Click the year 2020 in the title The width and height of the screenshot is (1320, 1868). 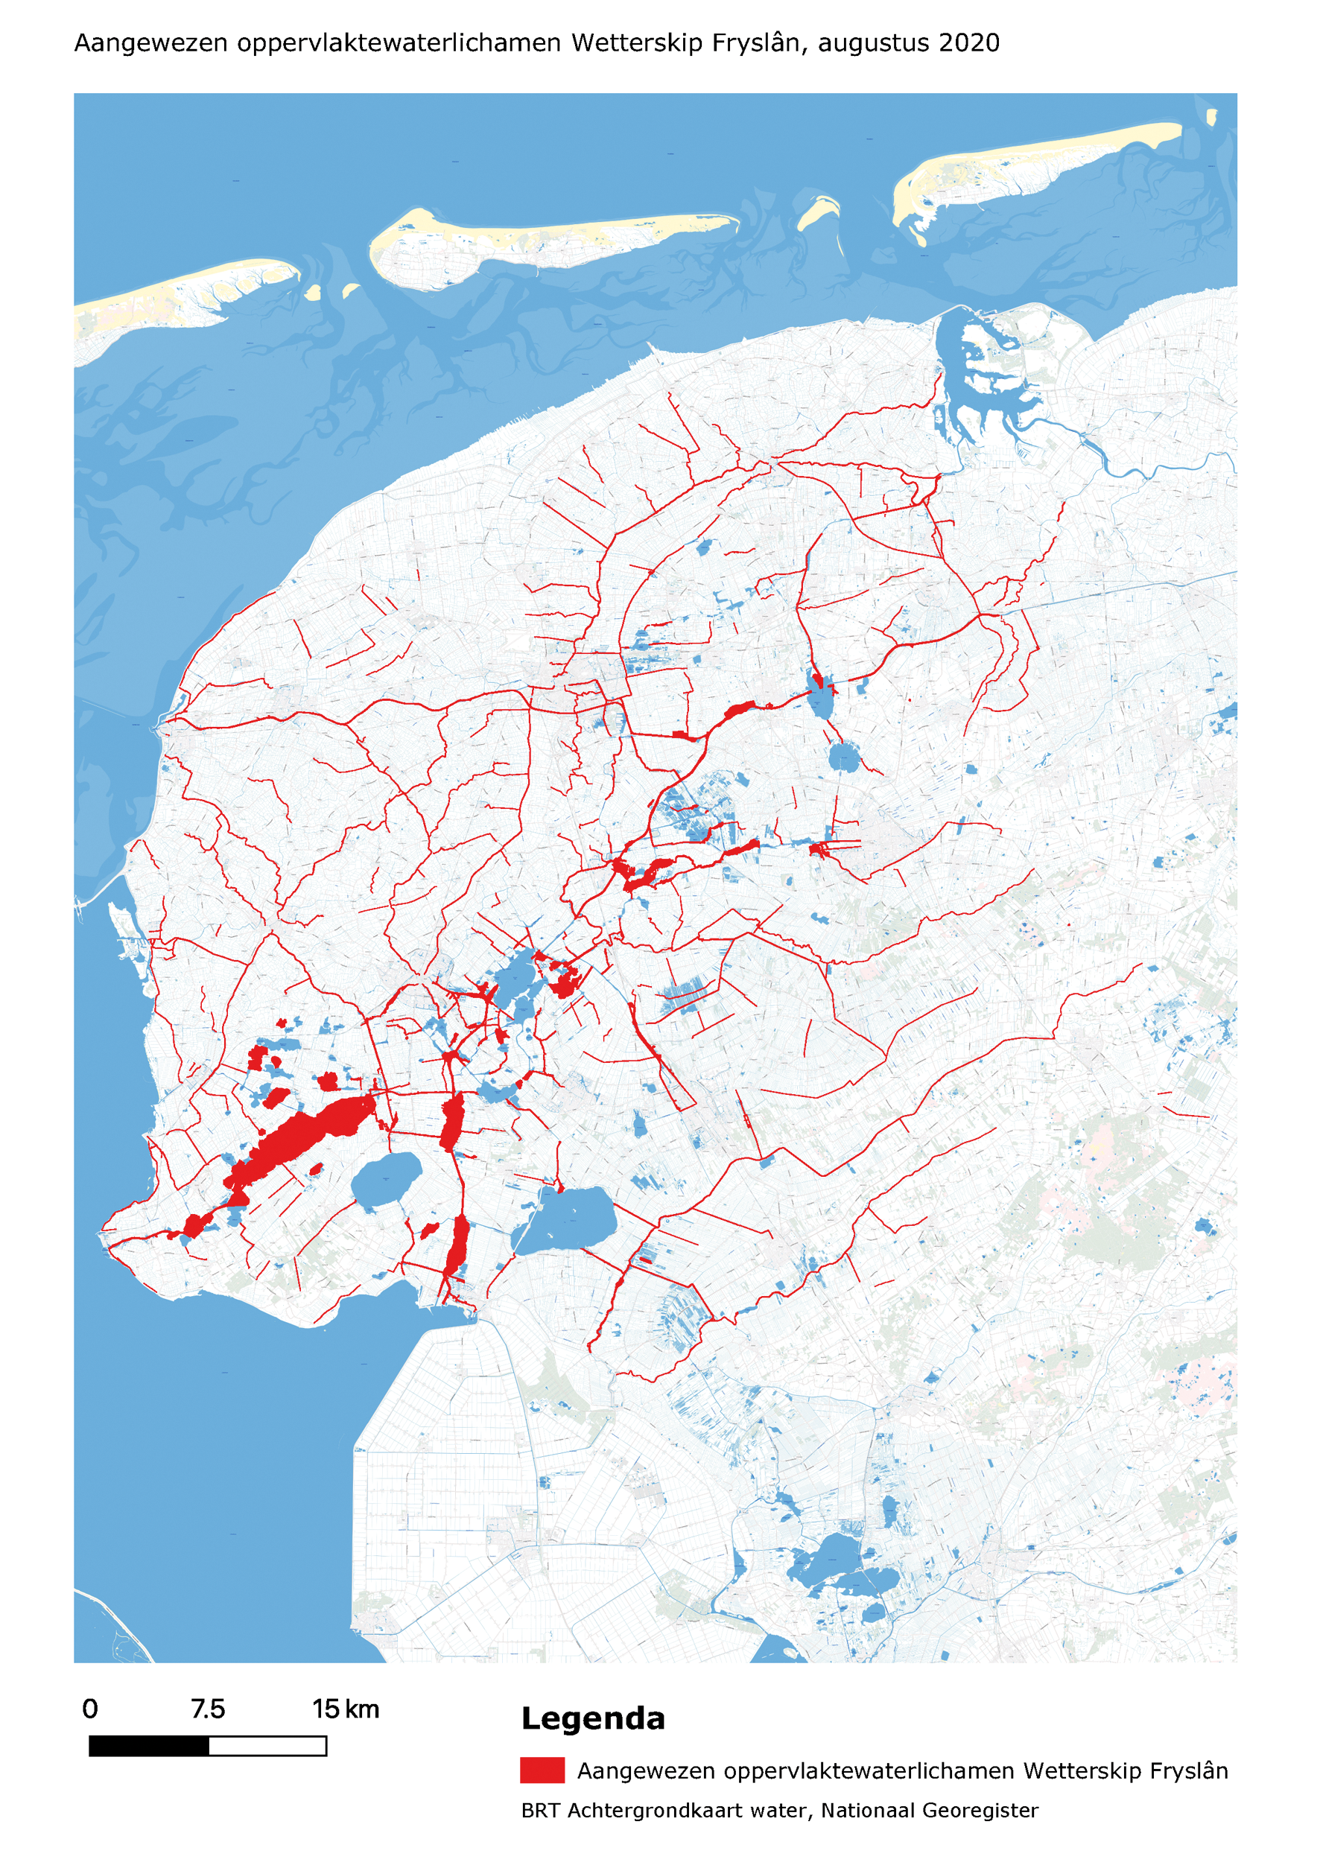968,42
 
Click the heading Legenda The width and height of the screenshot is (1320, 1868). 592,1718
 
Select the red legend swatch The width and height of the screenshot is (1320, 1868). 542,1770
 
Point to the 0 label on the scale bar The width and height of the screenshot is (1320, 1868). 90,1709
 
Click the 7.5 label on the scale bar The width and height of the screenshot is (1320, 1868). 208,1709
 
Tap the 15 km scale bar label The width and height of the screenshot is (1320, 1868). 346,1709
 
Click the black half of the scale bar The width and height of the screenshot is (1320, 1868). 149,1746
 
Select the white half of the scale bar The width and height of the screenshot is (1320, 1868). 267,1746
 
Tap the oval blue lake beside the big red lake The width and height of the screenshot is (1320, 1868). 387,1178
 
